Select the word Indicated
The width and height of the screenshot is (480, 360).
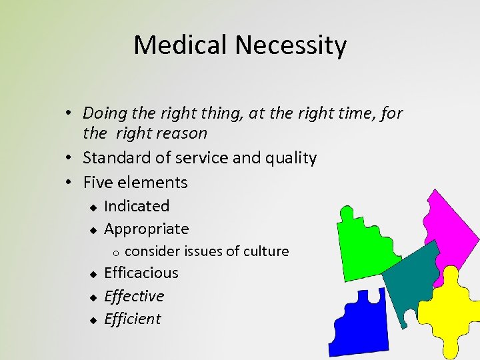(x=137, y=206)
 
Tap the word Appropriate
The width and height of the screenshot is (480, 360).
(x=147, y=229)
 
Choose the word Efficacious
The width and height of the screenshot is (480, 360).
(x=141, y=273)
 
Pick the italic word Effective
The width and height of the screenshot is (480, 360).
(x=134, y=296)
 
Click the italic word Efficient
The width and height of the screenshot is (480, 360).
(x=133, y=319)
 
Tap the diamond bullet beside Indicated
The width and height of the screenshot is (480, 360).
(x=94, y=207)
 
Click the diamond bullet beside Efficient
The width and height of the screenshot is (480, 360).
(x=94, y=320)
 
